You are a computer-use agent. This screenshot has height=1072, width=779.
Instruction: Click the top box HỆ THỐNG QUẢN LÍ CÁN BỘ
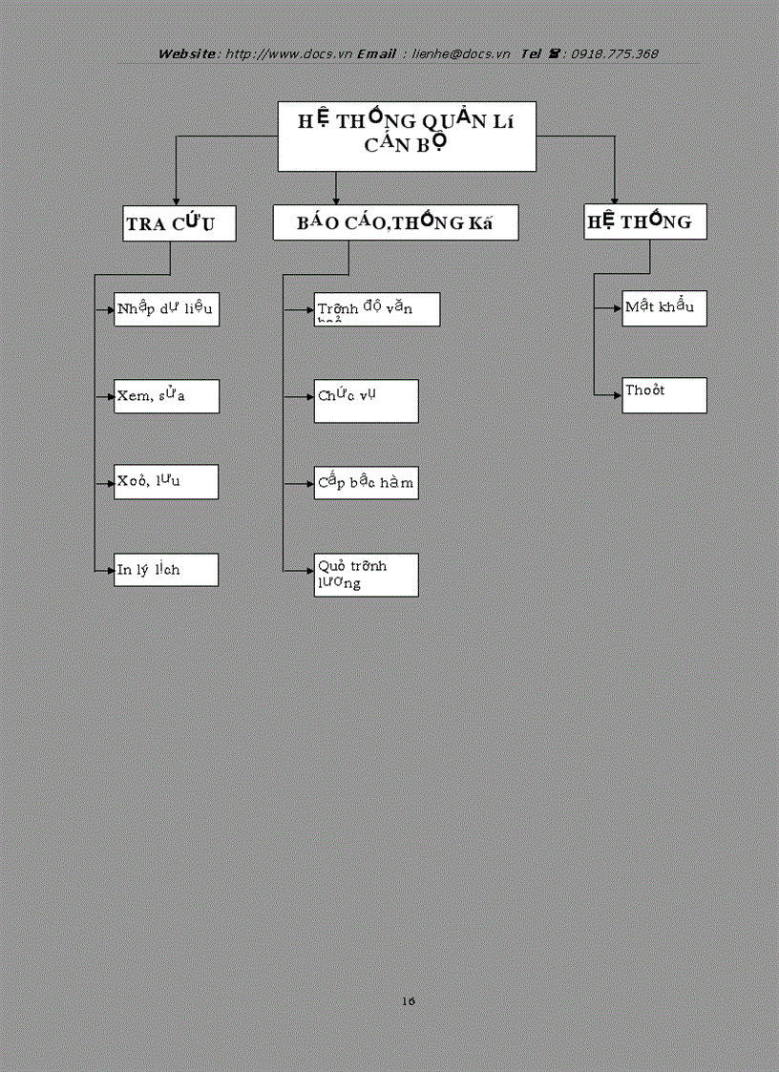(x=406, y=137)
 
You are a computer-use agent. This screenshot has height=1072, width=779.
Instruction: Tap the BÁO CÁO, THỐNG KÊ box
(x=395, y=222)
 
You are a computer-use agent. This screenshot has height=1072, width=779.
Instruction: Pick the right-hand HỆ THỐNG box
(x=645, y=221)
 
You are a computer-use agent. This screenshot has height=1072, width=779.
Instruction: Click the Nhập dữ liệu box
(x=166, y=309)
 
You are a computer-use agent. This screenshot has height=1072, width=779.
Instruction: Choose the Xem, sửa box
(x=166, y=396)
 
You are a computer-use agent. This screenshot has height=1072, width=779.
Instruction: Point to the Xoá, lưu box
(x=166, y=482)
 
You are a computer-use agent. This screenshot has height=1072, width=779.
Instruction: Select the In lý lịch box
(x=166, y=570)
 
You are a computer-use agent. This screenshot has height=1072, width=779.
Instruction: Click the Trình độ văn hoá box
(x=377, y=309)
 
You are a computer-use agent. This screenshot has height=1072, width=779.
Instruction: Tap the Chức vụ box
(x=367, y=401)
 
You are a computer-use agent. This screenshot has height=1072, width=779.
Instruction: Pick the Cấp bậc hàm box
(x=367, y=483)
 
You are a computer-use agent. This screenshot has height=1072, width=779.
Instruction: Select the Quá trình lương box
(x=367, y=575)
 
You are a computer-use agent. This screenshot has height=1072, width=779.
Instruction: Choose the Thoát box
(x=664, y=395)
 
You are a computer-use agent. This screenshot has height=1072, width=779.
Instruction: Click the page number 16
(x=409, y=1001)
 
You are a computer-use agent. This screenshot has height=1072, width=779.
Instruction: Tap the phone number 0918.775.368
(x=615, y=54)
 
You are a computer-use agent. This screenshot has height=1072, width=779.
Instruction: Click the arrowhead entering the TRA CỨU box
(x=175, y=198)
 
